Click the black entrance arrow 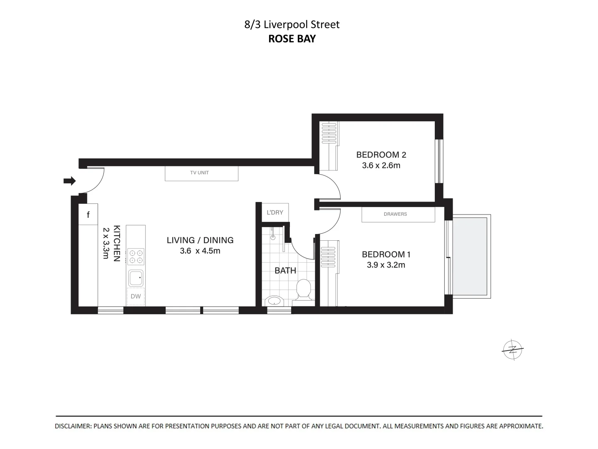pos(69,181)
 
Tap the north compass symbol pos(513,350)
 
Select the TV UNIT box pos(201,173)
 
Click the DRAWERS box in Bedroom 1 pos(398,214)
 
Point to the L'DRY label pos(275,212)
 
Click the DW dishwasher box pos(136,296)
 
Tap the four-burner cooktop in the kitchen pos(136,256)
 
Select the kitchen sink pos(136,278)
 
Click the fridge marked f pos(88,215)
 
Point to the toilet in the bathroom pos(304,289)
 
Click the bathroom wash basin pos(273,301)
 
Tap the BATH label pos(285,271)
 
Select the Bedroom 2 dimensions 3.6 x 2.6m pos(381,165)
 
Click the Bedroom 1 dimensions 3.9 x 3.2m pos(386,265)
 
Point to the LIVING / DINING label pos(200,240)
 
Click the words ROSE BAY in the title pos(292,39)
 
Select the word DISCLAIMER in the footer pos(74,426)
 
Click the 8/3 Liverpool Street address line pos(292,25)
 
